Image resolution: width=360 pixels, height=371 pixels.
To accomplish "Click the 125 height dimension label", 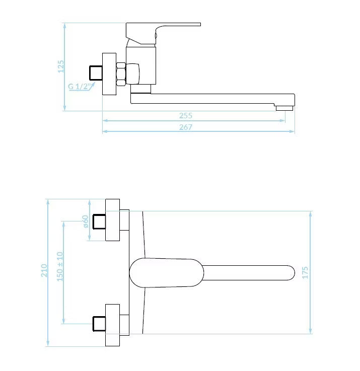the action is coord(61,66).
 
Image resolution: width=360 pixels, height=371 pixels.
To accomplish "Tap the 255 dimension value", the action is coord(186,115).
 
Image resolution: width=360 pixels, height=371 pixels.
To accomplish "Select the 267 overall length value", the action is coord(186,127).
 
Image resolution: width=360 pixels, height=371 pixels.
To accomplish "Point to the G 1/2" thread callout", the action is coord(80,86).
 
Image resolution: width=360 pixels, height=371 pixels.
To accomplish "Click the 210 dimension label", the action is coord(44,270).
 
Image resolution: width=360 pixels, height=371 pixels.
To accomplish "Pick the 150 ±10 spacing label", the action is coord(60,266).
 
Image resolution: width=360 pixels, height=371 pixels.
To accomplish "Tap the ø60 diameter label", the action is coord(86,221).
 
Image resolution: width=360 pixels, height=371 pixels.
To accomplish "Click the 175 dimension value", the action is coord(305,272).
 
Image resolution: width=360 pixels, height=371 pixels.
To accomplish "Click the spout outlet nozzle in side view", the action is coord(284,108).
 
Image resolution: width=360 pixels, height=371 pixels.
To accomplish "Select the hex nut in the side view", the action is coord(121,74).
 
